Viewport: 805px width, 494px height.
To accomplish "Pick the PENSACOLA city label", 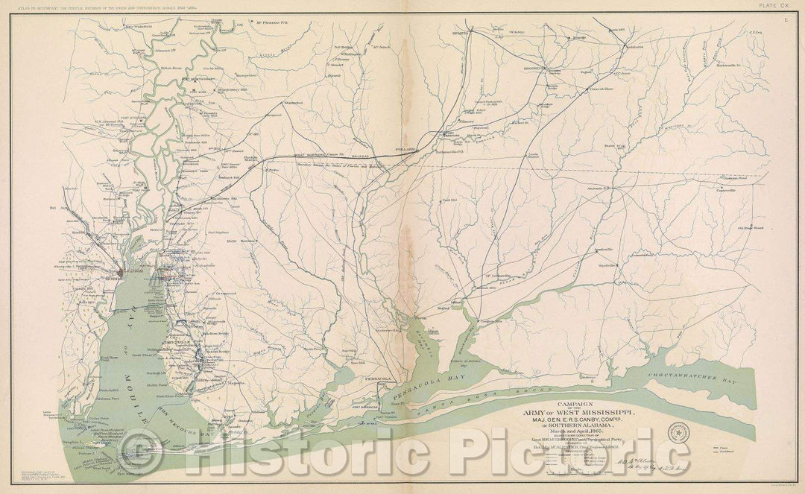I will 375,379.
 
